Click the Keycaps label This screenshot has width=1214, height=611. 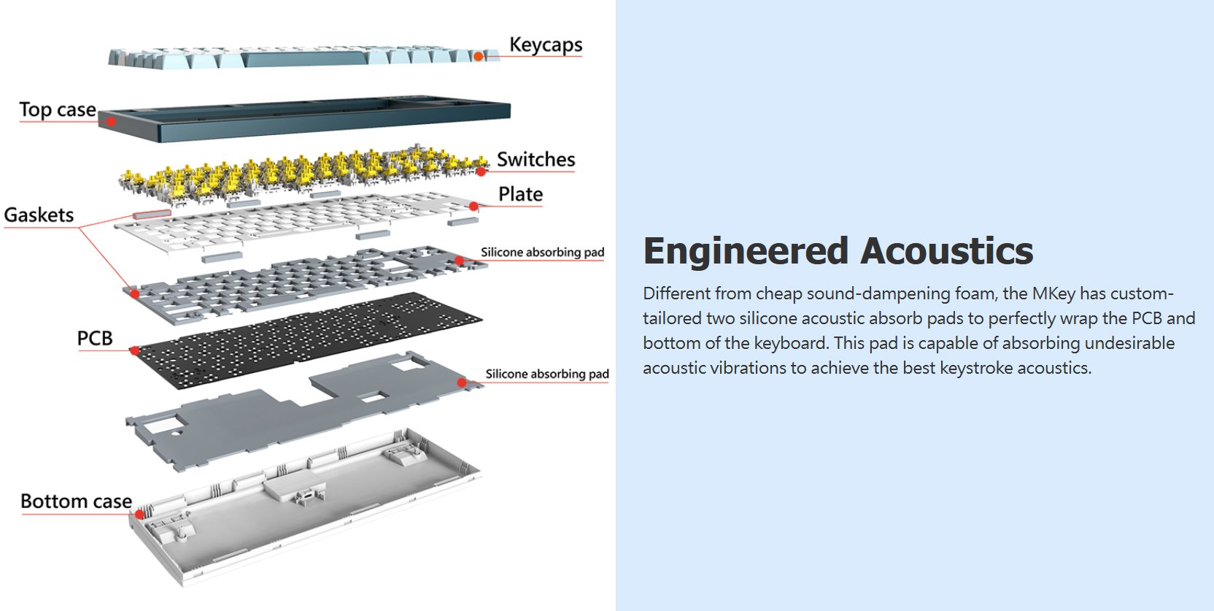545,45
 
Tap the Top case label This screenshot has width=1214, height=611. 58,109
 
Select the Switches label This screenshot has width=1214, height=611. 536,159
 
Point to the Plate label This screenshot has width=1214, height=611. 520,194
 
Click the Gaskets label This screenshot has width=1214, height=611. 39,215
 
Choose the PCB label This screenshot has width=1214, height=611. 95,338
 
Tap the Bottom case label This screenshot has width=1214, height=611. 76,502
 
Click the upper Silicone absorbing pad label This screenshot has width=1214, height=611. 542,252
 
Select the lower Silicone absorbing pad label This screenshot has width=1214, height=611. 546,374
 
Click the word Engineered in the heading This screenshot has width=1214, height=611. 746,251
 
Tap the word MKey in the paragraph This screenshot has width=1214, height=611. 1053,293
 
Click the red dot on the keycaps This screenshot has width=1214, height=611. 478,56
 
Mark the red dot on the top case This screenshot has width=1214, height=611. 111,121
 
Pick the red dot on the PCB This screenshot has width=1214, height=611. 134,351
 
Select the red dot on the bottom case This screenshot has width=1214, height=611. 139,514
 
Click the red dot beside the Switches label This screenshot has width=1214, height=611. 481,172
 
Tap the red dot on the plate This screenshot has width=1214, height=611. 473,207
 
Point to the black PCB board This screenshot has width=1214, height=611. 306,339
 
